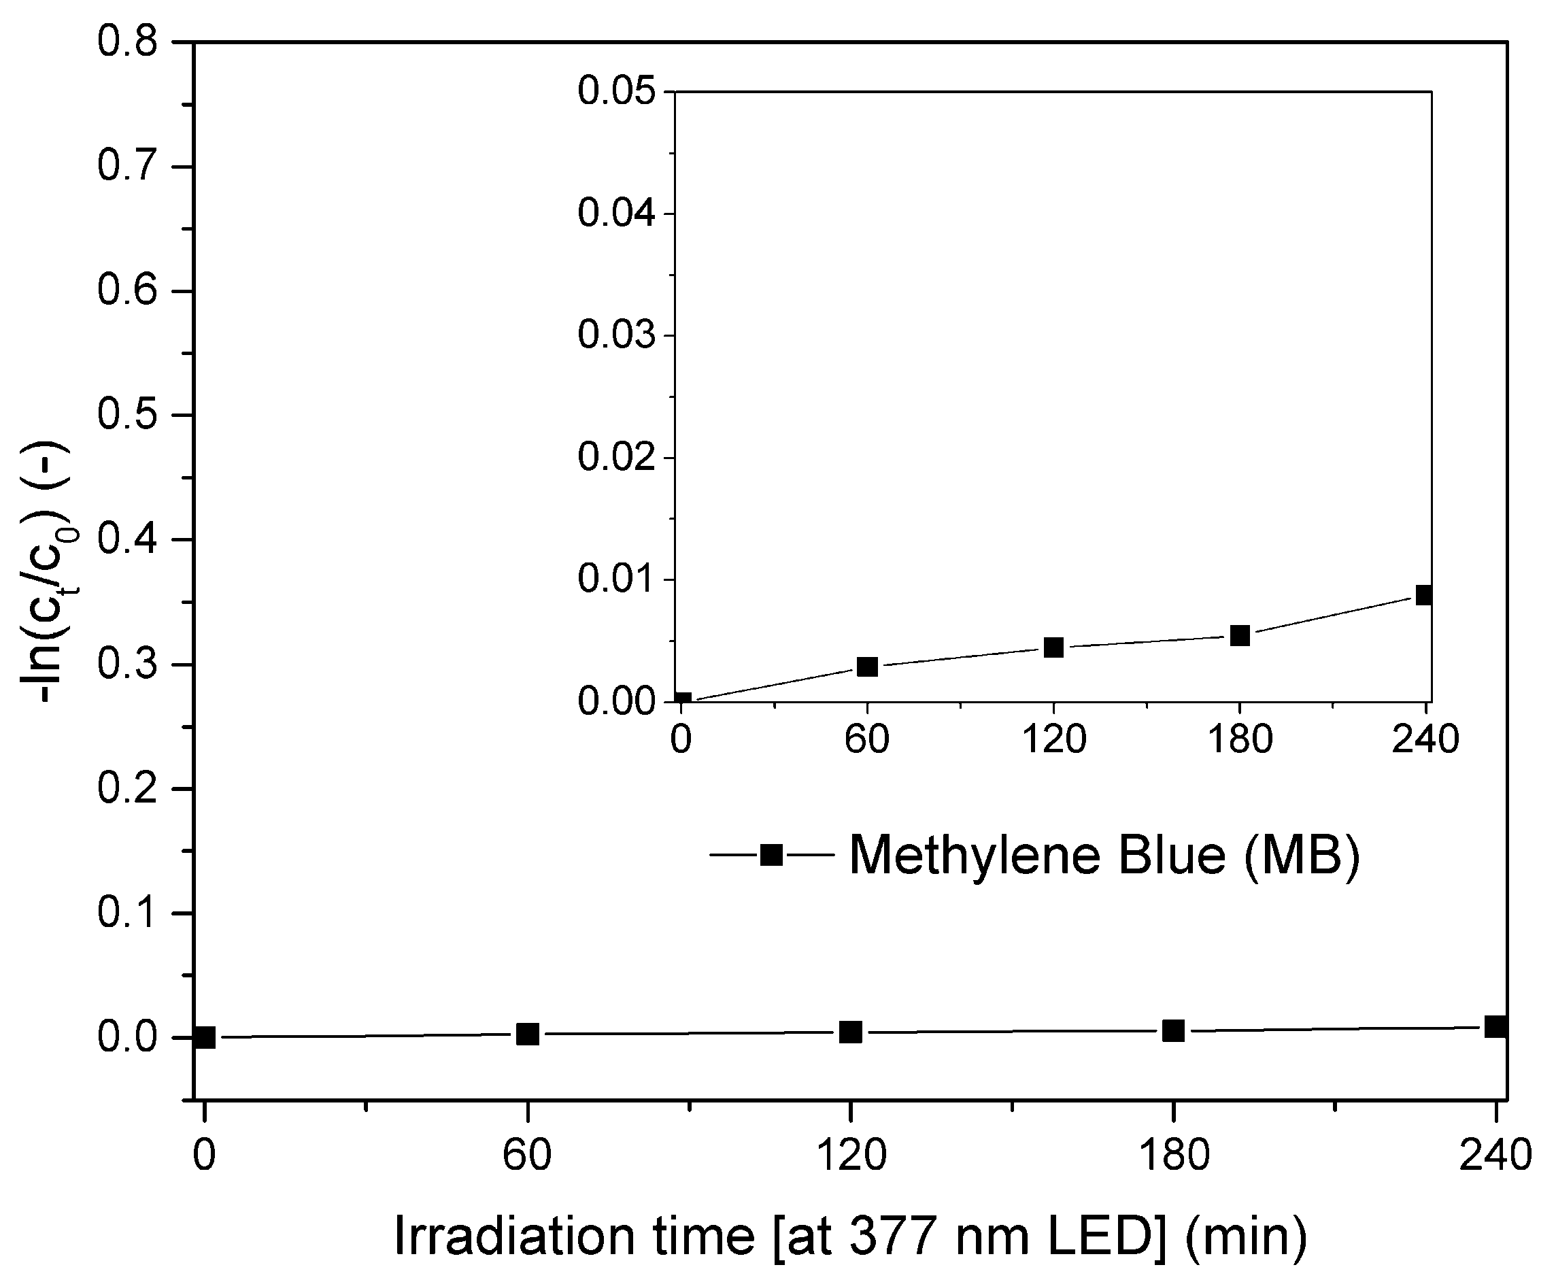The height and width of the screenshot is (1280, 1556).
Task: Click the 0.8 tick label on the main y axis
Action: point(128,42)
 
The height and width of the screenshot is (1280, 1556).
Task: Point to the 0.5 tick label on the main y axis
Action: point(128,415)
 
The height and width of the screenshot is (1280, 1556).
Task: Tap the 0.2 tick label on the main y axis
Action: point(128,788)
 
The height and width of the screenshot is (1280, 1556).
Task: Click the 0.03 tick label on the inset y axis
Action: point(616,335)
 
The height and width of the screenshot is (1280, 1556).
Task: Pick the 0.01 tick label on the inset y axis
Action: point(616,579)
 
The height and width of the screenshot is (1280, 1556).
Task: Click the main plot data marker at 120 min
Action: point(851,1032)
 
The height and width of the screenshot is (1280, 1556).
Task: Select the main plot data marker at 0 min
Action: point(204,1037)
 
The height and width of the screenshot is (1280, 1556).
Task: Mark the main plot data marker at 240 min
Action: point(1495,1026)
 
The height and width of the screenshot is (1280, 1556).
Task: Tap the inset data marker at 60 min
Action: point(868,667)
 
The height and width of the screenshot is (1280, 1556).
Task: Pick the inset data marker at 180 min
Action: point(1240,635)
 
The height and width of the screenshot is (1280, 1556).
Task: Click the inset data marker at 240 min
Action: point(1423,595)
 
